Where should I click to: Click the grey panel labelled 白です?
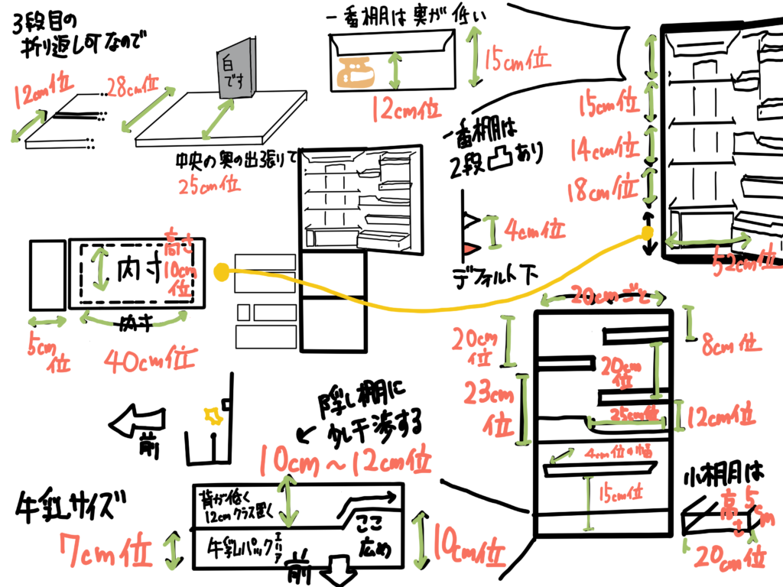click(233, 70)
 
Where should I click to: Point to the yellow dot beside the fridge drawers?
click(221, 270)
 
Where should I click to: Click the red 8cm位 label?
click(731, 344)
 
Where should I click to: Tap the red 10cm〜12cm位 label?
click(345, 460)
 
